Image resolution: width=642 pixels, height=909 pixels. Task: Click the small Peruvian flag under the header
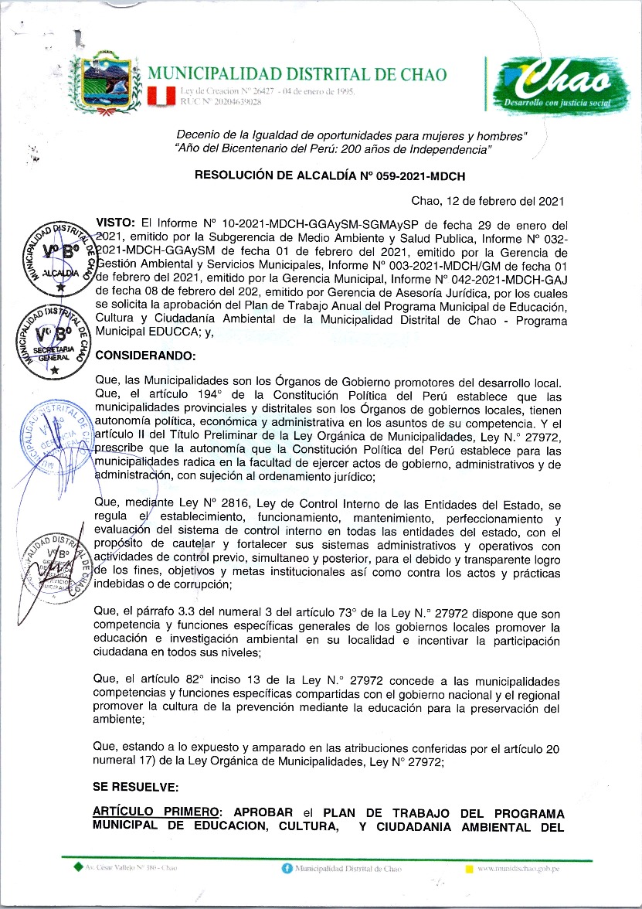(x=162, y=96)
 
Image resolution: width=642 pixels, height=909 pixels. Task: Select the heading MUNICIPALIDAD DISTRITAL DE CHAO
(x=297, y=75)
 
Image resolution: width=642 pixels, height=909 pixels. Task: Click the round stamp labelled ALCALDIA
(x=59, y=259)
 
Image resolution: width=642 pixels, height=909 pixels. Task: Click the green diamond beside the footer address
(x=77, y=869)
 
